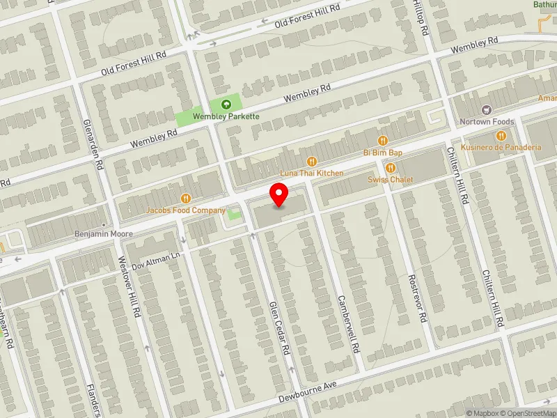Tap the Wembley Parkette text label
click(x=226, y=116)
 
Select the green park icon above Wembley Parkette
click(x=226, y=104)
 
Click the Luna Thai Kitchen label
click(x=312, y=172)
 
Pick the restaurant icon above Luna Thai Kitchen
click(x=312, y=161)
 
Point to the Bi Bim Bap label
click(x=382, y=152)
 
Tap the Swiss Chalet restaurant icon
click(x=391, y=168)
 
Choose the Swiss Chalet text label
click(x=391, y=180)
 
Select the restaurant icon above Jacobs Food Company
click(x=185, y=199)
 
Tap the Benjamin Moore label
click(x=103, y=234)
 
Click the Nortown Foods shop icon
click(x=486, y=110)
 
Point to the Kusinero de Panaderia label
click(x=506, y=148)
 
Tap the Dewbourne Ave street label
click(x=308, y=394)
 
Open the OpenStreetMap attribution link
click(x=528, y=413)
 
